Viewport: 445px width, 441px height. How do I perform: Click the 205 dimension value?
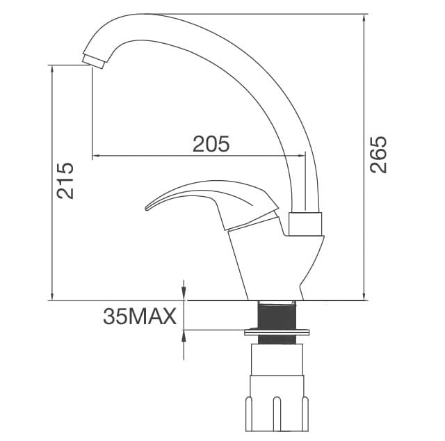pos(211,143)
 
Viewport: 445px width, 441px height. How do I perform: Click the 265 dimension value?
pos(378,154)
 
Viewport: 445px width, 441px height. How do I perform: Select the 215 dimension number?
pos(65,181)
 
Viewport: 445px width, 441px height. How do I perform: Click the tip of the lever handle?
pos(148,206)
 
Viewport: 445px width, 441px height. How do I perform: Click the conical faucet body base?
pos(271,264)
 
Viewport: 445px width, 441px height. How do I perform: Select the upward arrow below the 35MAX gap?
pos(184,335)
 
